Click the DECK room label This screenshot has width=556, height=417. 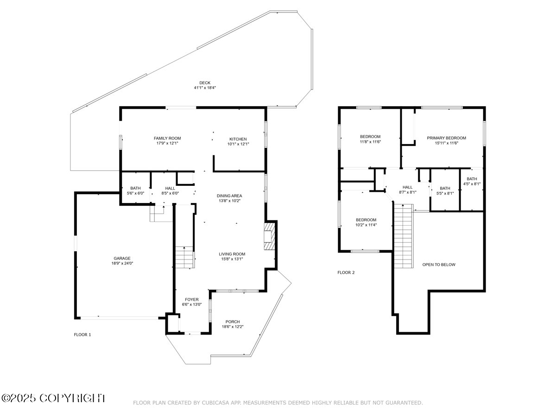pyautogui.click(x=205, y=83)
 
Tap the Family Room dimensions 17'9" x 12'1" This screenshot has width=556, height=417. pyautogui.click(x=167, y=143)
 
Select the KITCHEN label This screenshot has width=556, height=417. pyautogui.click(x=238, y=139)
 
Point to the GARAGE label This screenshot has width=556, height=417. pyautogui.click(x=122, y=258)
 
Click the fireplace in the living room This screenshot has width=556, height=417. pyautogui.click(x=269, y=236)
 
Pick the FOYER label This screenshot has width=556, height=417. pyautogui.click(x=191, y=299)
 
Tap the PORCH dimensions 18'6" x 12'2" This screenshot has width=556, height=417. pyautogui.click(x=233, y=327)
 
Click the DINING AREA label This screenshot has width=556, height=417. pyautogui.click(x=229, y=196)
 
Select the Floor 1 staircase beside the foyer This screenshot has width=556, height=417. pyautogui.click(x=185, y=257)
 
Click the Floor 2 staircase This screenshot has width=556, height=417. pyautogui.click(x=403, y=236)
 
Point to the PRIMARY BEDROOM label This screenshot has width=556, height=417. pyautogui.click(x=446, y=138)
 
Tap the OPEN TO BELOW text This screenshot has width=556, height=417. pyautogui.click(x=439, y=265)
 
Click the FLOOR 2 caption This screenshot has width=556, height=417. pyautogui.click(x=346, y=272)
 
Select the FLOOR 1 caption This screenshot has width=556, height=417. pyautogui.click(x=82, y=335)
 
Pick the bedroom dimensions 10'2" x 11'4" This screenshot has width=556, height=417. pyautogui.click(x=366, y=225)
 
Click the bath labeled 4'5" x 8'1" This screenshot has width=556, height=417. pyautogui.click(x=472, y=182)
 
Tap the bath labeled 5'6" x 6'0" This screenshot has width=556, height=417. pyautogui.click(x=135, y=190)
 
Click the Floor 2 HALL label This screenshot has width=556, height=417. pyautogui.click(x=408, y=187)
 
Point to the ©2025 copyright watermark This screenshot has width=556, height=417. pyautogui.click(x=53, y=398)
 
